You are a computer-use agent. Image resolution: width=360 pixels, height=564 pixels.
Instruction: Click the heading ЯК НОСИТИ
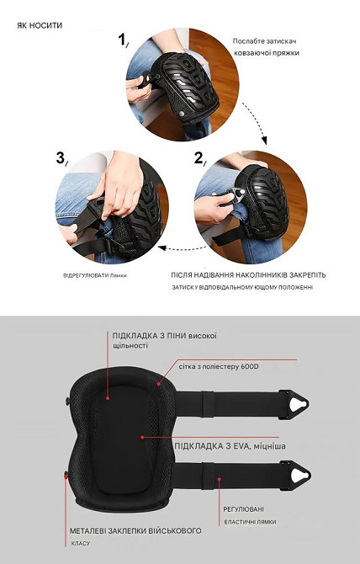(40, 25)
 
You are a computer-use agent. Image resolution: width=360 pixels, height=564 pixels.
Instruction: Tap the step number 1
(123, 40)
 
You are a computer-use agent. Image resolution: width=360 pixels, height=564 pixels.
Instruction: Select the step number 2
(199, 158)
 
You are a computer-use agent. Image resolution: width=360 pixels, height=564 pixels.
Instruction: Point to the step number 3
(61, 158)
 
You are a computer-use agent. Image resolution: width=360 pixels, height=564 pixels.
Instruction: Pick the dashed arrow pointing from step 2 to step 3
(182, 247)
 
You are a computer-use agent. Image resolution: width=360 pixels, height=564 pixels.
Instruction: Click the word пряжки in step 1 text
(287, 53)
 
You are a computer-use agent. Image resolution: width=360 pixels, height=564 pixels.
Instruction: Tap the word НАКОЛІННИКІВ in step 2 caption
(257, 275)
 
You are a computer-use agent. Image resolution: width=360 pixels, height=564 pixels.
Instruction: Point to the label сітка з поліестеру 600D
(219, 367)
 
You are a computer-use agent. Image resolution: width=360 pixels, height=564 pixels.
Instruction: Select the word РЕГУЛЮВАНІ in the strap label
(244, 509)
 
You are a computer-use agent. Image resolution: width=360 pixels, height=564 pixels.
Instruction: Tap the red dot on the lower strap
(220, 479)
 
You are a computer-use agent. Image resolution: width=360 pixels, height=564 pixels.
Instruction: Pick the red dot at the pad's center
(142, 438)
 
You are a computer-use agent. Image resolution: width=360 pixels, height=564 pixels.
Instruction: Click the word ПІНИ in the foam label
(177, 336)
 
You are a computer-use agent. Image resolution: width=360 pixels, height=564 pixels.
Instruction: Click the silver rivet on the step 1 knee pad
(182, 114)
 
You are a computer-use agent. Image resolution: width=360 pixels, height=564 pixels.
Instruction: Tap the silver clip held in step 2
(237, 194)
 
